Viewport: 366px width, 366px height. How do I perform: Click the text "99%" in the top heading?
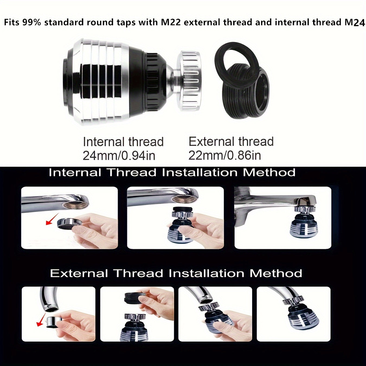tap(32, 22)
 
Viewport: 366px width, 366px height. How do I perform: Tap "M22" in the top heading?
tap(171, 22)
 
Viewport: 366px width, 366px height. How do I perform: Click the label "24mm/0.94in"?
tap(119, 156)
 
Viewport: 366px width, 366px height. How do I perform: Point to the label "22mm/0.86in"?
tap(225, 156)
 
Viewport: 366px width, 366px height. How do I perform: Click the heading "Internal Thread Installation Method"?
tap(172, 173)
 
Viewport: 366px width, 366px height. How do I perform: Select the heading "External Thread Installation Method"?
tap(176, 273)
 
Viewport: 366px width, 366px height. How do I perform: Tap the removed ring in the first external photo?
tap(53, 322)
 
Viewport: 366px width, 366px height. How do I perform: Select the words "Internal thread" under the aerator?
tap(123, 142)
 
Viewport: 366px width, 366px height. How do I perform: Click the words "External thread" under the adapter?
tap(231, 142)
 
